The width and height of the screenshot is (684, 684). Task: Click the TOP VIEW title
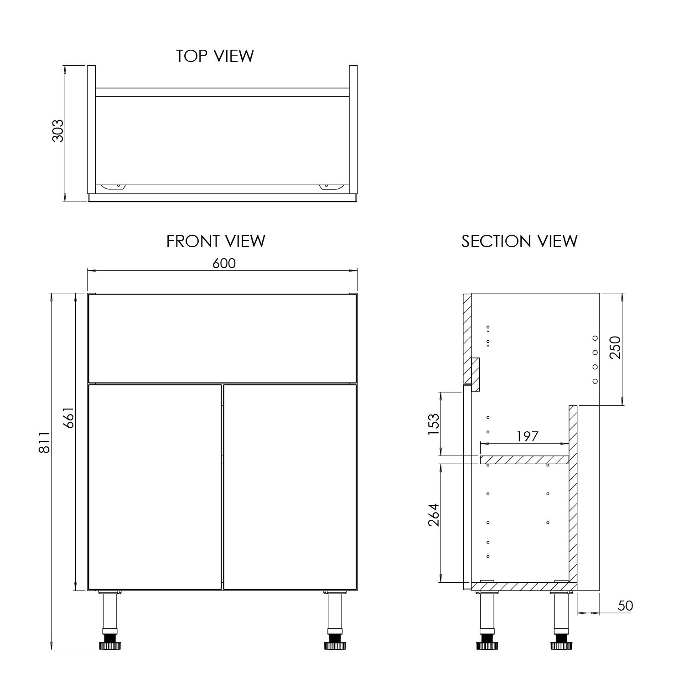click(215, 56)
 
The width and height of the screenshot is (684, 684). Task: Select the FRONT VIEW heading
click(216, 241)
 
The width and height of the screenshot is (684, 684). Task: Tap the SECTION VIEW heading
click(519, 241)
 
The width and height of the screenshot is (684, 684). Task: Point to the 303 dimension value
click(58, 131)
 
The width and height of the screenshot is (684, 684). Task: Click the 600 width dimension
click(224, 264)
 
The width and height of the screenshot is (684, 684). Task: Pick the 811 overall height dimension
click(44, 443)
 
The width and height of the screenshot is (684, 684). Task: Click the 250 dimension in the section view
click(616, 347)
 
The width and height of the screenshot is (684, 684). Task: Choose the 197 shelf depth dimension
click(527, 437)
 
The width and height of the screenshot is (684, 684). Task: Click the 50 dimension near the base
click(625, 606)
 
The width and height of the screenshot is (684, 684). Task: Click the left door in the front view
click(155, 487)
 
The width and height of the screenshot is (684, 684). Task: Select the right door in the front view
click(290, 487)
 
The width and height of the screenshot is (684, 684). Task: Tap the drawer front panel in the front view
click(222, 338)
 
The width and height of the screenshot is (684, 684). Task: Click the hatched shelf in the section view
click(524, 460)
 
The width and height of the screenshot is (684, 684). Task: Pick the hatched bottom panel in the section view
click(520, 586)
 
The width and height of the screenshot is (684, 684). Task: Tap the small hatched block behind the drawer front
click(476, 374)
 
